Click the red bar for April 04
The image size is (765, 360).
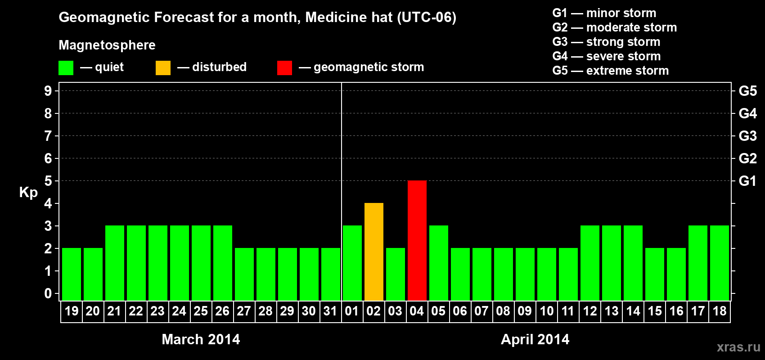pyautogui.click(x=417, y=240)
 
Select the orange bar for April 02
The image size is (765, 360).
pyautogui.click(x=373, y=252)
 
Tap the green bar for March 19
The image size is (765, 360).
pyautogui.click(x=72, y=274)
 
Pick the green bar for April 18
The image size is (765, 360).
pyautogui.click(x=719, y=263)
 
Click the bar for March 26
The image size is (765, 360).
pyautogui.click(x=222, y=263)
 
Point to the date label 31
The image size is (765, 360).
pyautogui.click(x=330, y=311)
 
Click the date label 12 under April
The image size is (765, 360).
pyautogui.click(x=589, y=311)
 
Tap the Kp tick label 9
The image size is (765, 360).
pyautogui.click(x=48, y=91)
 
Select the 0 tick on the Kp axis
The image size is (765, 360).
pyautogui.click(x=48, y=293)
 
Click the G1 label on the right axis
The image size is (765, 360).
pyautogui.click(x=747, y=181)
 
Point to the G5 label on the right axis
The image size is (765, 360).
pyautogui.click(x=747, y=91)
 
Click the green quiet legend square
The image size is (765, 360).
pyautogui.click(x=66, y=68)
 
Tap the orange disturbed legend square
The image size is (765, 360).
pyautogui.click(x=163, y=68)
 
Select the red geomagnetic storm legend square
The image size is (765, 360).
pyautogui.click(x=284, y=68)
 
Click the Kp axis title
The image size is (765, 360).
pyautogui.click(x=28, y=192)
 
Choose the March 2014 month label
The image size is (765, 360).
pyautogui.click(x=201, y=339)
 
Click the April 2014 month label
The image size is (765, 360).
pyautogui.click(x=535, y=339)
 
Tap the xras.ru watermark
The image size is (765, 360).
pyautogui.click(x=738, y=346)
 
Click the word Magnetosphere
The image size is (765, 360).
pyautogui.click(x=107, y=45)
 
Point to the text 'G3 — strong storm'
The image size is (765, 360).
pyautogui.click(x=606, y=42)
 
